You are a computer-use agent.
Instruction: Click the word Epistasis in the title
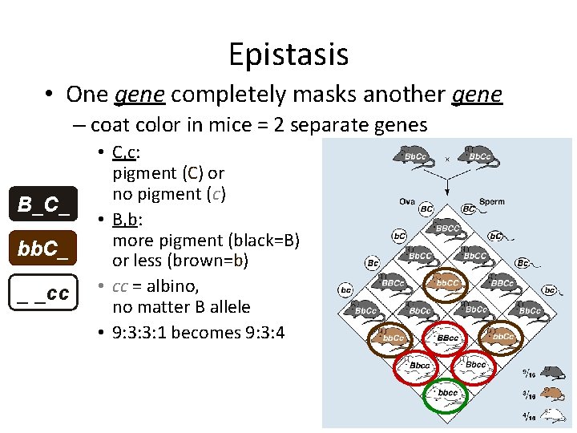288,55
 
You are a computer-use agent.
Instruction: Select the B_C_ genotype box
46,205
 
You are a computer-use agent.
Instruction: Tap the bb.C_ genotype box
46,249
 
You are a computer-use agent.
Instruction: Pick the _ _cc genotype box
46,293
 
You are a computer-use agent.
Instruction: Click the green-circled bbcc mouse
447,393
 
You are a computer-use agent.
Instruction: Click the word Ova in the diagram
407,201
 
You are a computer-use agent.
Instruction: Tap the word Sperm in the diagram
492,201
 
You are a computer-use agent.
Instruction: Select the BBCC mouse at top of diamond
447,227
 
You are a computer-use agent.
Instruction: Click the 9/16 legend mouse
551,373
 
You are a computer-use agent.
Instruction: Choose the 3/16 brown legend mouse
551,395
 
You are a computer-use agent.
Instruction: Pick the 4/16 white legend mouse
551,415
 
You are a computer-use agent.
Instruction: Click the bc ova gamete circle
345,289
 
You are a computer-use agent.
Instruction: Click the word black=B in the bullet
247,241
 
